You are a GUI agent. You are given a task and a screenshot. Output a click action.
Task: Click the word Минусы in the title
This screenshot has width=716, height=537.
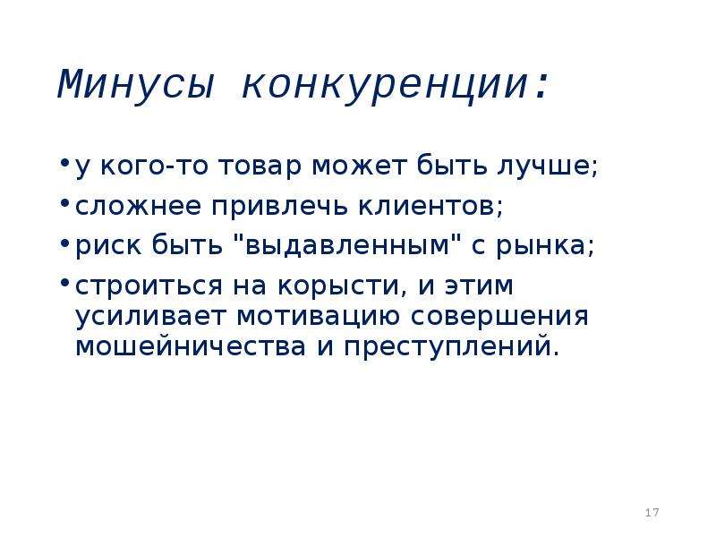(136, 85)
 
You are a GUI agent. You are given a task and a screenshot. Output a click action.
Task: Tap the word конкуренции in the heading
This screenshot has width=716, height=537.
(384, 87)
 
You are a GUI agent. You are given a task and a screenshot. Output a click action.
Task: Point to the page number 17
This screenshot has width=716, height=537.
(652, 512)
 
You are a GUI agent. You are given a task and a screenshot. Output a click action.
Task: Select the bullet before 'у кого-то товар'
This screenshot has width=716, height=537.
(65, 162)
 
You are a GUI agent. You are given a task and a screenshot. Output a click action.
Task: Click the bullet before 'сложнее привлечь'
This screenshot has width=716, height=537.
(65, 202)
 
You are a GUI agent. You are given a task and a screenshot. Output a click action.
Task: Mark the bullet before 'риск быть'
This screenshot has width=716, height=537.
(65, 242)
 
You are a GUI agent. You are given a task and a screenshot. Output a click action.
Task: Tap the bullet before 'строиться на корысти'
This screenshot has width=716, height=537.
(65, 282)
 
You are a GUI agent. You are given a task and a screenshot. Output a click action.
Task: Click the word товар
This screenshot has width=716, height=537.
(260, 166)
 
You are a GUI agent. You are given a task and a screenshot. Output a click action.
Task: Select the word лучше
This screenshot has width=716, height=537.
(547, 166)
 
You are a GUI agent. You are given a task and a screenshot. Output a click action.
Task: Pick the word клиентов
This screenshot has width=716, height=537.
(430, 207)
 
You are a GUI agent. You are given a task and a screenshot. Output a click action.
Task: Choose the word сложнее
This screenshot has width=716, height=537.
(138, 207)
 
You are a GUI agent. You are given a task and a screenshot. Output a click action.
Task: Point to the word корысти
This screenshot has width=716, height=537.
(342, 286)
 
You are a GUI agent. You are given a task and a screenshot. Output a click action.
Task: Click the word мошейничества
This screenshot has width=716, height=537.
(191, 346)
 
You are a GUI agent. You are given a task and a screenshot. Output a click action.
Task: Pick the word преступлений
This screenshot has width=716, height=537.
(451, 347)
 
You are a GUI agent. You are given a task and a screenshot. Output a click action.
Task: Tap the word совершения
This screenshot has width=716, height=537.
(499, 317)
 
